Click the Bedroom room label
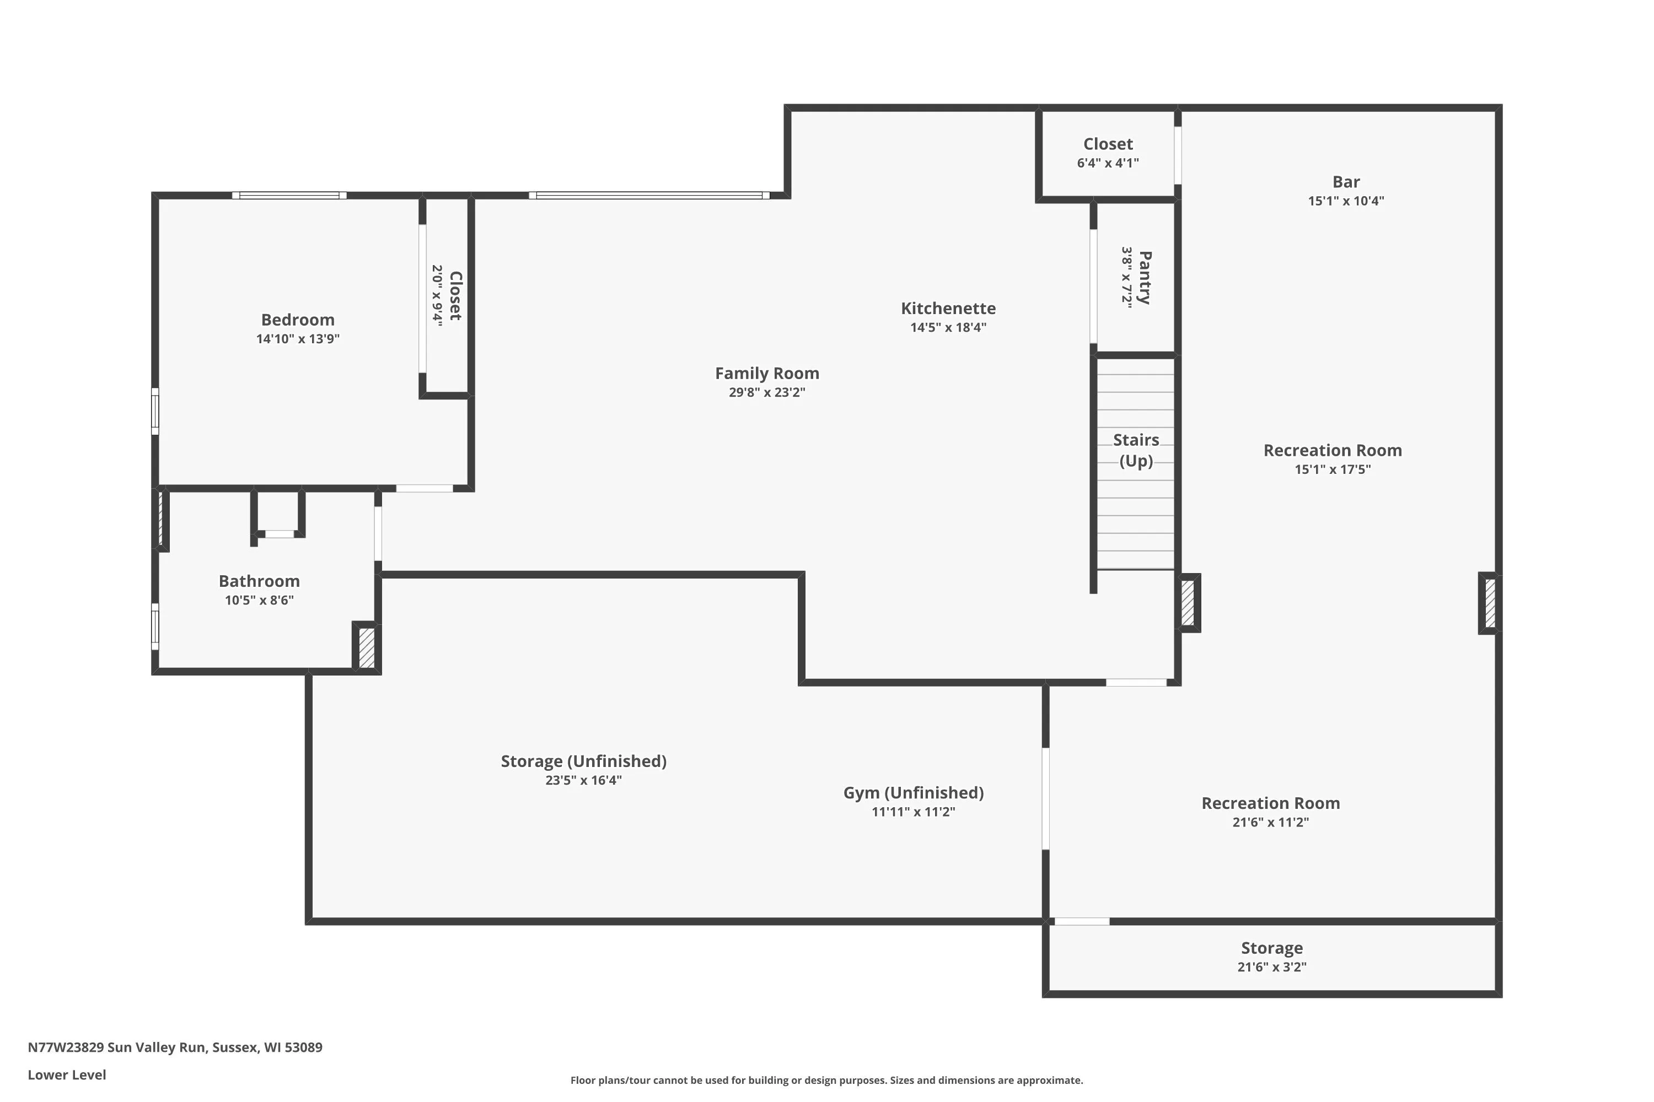click(298, 320)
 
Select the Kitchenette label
click(948, 308)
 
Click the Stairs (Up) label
click(1136, 450)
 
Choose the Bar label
click(1346, 182)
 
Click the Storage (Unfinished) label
click(584, 761)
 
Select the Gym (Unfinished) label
click(914, 793)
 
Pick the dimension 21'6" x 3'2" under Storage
click(1271, 967)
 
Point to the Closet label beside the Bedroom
click(455, 296)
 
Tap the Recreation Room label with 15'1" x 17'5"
click(1333, 451)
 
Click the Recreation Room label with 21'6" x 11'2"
click(1270, 803)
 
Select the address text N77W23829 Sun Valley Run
click(117, 1047)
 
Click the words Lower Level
click(67, 1074)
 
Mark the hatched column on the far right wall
click(1489, 603)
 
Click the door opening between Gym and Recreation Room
click(1046, 798)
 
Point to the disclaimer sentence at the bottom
click(826, 1080)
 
